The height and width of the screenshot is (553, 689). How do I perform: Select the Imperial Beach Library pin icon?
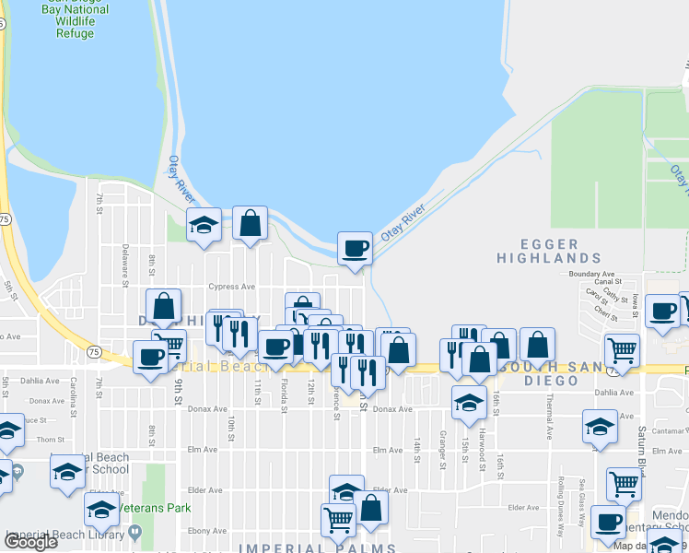(x=136, y=532)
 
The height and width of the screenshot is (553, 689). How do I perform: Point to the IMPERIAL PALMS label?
(x=317, y=548)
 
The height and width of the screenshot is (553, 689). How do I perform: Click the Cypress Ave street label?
(x=231, y=287)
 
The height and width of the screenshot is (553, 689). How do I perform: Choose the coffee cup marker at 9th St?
(x=150, y=357)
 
